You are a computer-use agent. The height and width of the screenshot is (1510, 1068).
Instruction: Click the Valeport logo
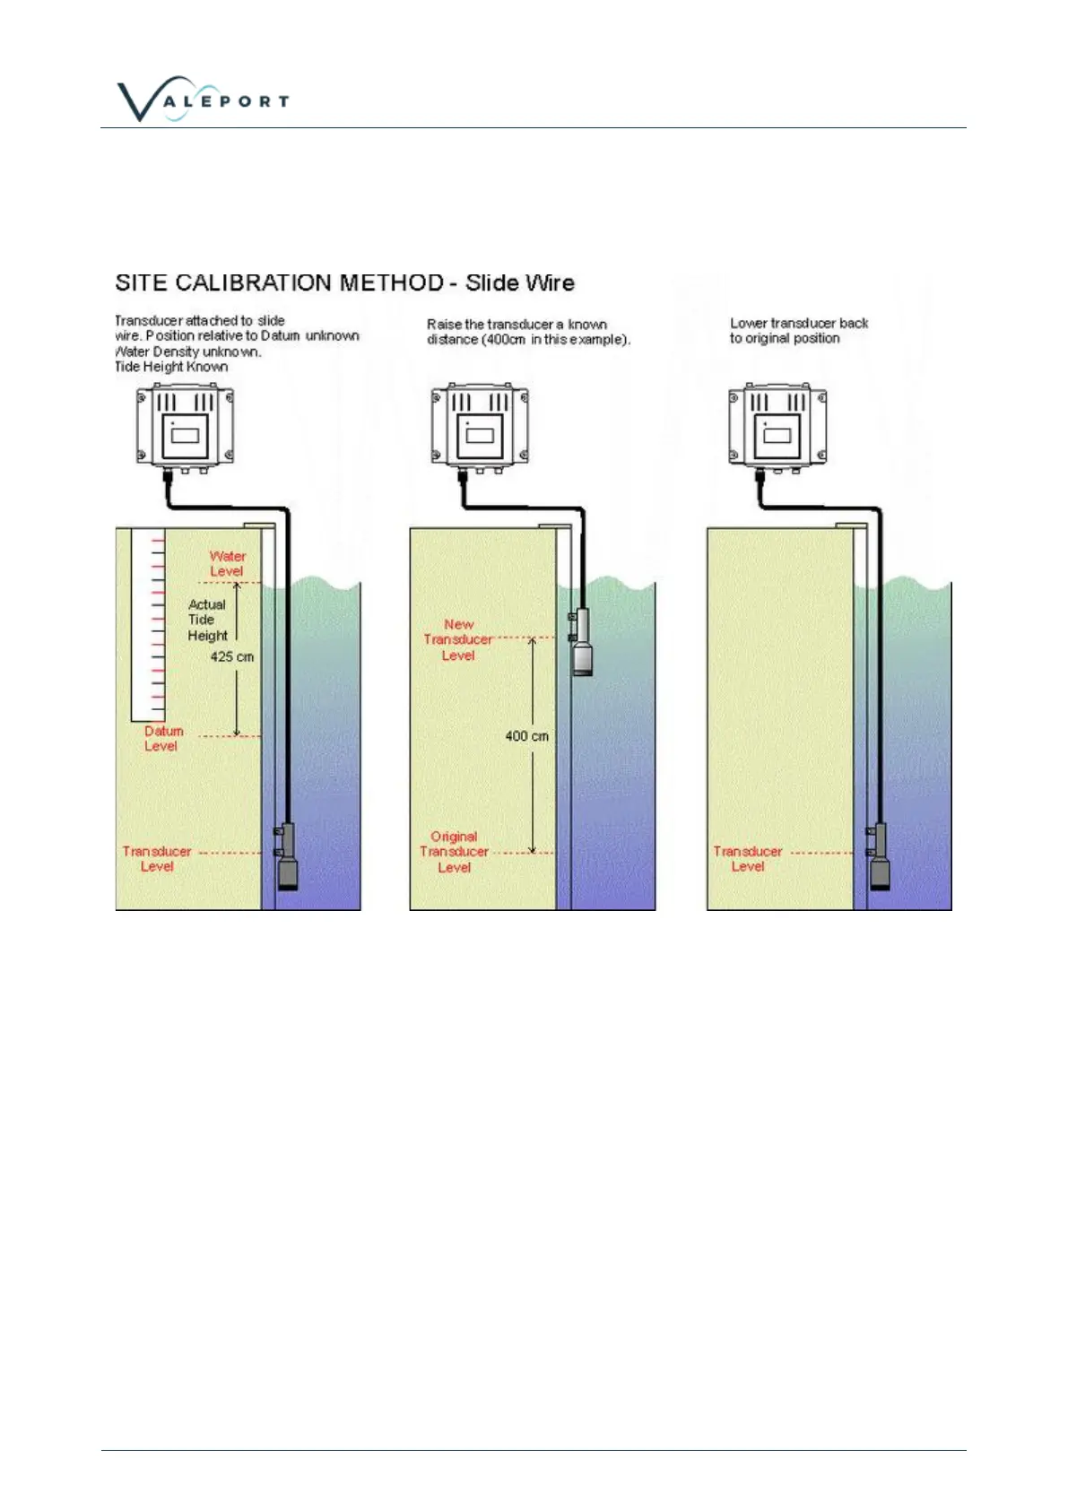[203, 99]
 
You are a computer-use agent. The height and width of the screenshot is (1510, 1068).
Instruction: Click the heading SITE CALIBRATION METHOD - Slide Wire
[344, 283]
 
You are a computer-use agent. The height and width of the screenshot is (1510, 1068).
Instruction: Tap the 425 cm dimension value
[231, 657]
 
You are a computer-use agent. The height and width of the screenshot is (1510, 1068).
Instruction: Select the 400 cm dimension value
[526, 736]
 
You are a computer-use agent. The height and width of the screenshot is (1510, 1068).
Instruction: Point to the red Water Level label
[227, 564]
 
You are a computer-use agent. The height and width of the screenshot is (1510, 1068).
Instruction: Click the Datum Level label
[162, 739]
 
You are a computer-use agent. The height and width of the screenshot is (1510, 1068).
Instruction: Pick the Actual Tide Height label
[207, 620]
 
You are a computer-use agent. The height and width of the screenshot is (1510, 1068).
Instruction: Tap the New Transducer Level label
[458, 640]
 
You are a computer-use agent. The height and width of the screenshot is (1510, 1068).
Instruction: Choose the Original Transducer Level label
[454, 852]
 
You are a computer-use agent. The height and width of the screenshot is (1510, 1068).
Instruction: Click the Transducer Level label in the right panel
[748, 859]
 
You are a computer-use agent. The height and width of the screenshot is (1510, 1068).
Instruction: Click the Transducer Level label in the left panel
[157, 859]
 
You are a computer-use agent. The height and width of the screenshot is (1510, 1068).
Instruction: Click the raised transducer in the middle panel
[582, 642]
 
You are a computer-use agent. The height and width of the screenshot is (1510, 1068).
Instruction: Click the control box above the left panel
[185, 425]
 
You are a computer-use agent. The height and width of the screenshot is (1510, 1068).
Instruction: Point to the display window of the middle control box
[481, 436]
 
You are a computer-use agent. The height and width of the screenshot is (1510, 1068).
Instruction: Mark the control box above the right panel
[777, 425]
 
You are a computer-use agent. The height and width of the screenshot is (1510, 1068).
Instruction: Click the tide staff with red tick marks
[148, 625]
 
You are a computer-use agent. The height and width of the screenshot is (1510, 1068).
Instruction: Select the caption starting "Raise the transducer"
[528, 332]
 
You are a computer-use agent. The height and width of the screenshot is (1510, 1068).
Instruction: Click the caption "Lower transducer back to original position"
[798, 331]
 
